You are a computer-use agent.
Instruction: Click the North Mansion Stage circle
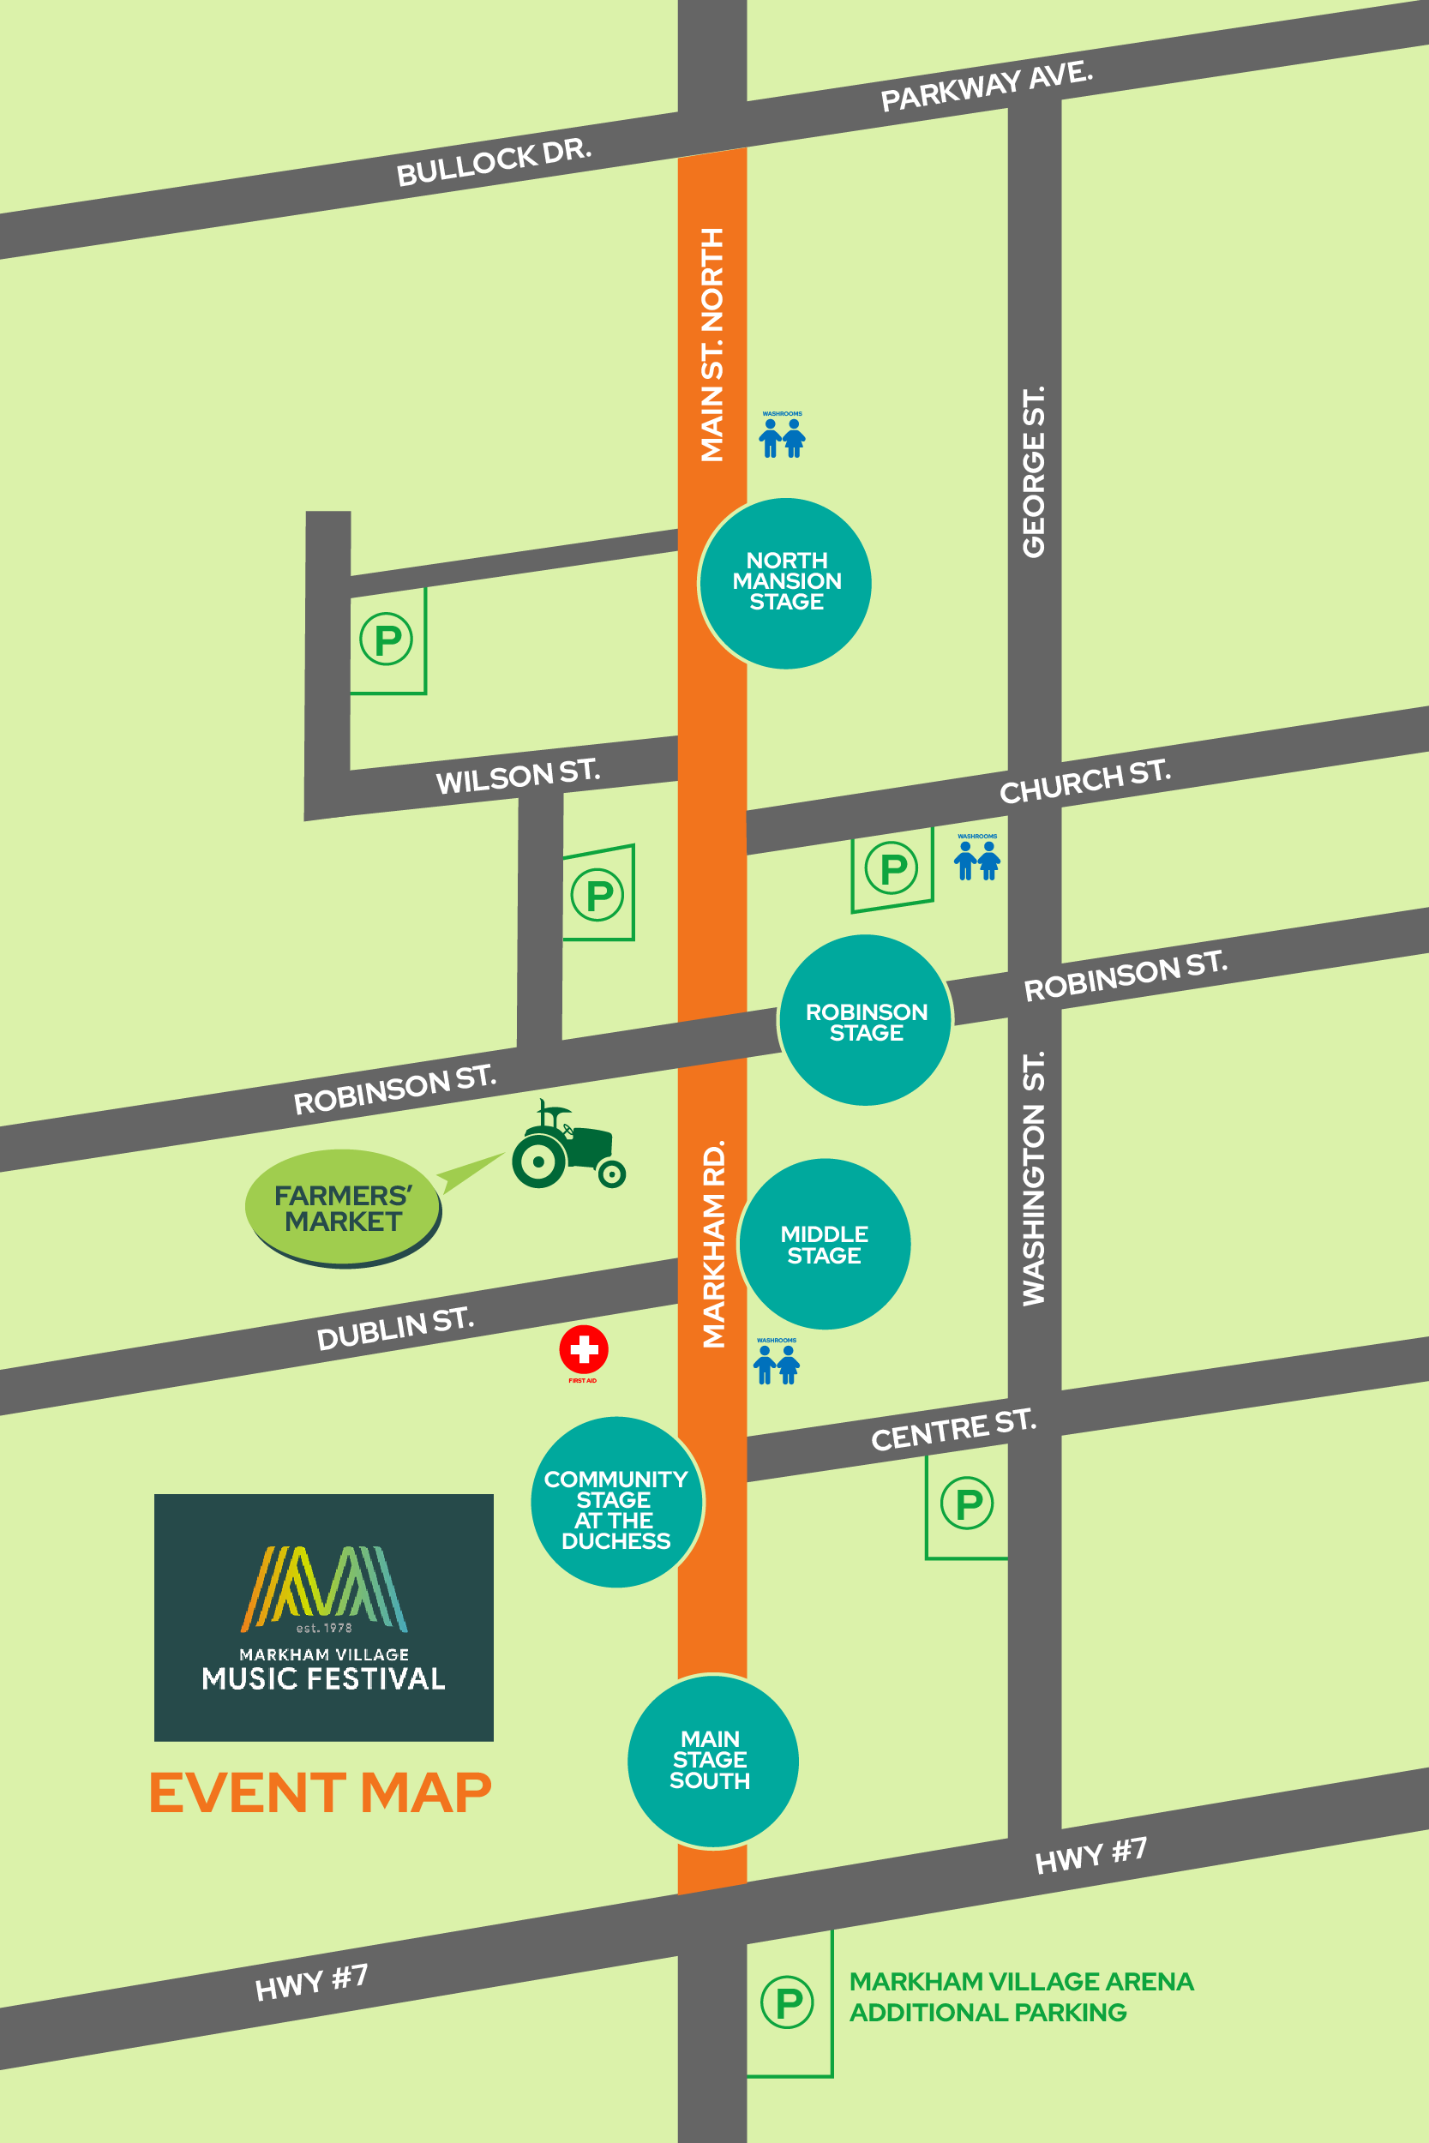785,583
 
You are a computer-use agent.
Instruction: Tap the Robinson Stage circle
866,1020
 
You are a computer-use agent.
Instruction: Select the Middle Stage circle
824,1245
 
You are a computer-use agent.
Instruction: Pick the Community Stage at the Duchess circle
616,1502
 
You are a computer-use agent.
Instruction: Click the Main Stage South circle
712,1761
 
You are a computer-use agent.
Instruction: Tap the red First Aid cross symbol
583,1349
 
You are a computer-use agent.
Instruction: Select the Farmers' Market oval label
343,1208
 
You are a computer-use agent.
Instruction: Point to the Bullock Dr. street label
494,162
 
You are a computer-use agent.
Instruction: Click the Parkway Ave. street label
986,86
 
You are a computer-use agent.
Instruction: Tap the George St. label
1034,472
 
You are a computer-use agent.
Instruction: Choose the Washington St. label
1034,1179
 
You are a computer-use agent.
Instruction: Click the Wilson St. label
518,777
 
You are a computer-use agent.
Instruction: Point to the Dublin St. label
394,1330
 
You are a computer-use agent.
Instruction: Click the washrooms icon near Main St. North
782,436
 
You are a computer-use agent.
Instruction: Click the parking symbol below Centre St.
967,1504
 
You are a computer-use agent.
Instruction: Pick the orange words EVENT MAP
321,1792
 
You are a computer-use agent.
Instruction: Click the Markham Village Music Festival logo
323,1618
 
